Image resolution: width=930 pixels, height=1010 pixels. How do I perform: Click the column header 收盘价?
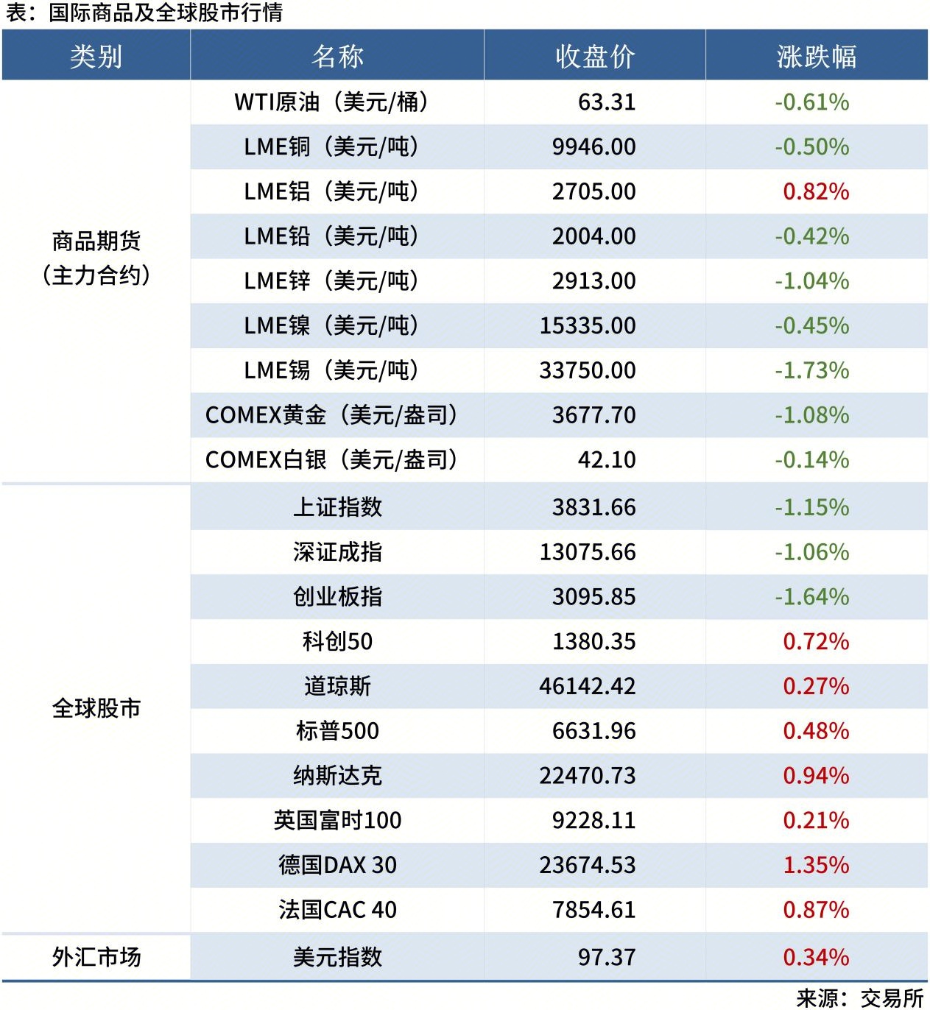tap(594, 57)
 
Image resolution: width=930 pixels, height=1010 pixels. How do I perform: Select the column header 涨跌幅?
tap(816, 57)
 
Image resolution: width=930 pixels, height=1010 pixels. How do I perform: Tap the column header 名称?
tap(337, 57)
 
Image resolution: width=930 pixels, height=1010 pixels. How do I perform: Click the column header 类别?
tap(96, 57)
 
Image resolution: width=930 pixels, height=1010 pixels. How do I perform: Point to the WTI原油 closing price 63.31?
tap(607, 102)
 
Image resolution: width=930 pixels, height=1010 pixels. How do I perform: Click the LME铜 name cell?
tap(331, 146)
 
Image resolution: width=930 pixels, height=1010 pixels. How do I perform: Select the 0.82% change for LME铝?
tap(816, 191)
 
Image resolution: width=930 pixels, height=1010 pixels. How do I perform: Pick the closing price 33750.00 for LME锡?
tap(588, 370)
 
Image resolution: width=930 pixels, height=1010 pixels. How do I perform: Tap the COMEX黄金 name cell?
tap(331, 415)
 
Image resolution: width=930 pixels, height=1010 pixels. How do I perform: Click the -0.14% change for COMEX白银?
tap(811, 460)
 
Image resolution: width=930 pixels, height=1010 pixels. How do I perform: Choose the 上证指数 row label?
tap(337, 507)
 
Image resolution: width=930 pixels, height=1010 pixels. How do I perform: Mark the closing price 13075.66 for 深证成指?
tap(588, 552)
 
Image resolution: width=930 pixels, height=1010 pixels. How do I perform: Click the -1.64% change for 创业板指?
tap(811, 597)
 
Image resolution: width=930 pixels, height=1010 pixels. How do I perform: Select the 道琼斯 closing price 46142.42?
tap(588, 686)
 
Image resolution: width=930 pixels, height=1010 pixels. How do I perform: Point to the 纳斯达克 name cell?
tap(337, 776)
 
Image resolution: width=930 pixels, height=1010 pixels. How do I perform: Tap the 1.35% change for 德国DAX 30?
tap(816, 865)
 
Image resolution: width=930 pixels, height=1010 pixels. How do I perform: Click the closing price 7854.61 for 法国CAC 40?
tap(594, 910)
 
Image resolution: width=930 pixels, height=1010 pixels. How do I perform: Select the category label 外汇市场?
tap(96, 957)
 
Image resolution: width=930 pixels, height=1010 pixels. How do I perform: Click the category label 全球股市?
tap(96, 708)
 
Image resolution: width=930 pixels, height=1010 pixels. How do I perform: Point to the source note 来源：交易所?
tap(860, 997)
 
